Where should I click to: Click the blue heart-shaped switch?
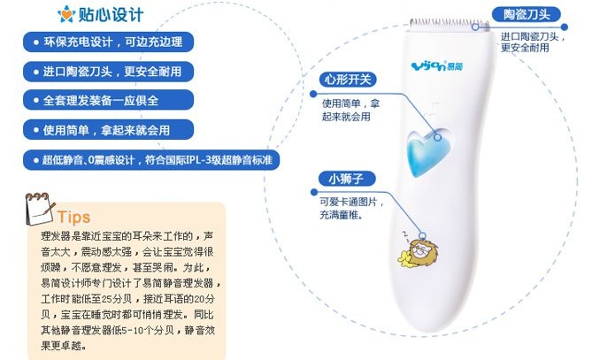[427, 152]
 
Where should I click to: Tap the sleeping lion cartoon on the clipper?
[418, 251]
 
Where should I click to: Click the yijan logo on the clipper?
[436, 66]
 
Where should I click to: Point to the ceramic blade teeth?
[450, 24]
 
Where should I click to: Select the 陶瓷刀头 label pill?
[526, 15]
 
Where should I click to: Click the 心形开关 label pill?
[348, 80]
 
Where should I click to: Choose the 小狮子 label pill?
[347, 179]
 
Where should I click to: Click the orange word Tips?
[73, 217]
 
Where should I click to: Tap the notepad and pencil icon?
[40, 209]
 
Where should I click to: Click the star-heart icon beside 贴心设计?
[66, 14]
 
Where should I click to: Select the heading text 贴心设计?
[111, 15]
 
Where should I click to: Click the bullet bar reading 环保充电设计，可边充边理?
[108, 42]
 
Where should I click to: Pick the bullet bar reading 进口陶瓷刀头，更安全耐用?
[108, 72]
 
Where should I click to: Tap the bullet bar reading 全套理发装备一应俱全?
[108, 100]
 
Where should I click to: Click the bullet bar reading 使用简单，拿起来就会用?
[108, 130]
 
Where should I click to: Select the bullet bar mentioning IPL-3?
[151, 160]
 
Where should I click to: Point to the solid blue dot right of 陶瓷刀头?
[565, 27]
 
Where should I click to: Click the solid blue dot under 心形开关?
[313, 94]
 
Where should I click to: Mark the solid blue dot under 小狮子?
[314, 192]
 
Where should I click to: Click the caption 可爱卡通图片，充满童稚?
[352, 208]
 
